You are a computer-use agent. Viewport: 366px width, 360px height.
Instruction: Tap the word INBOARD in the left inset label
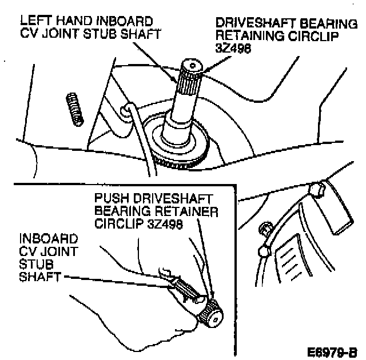pyautogui.click(x=42, y=237)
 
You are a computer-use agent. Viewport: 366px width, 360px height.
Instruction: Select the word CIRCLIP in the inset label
pyautogui.click(x=117, y=224)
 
